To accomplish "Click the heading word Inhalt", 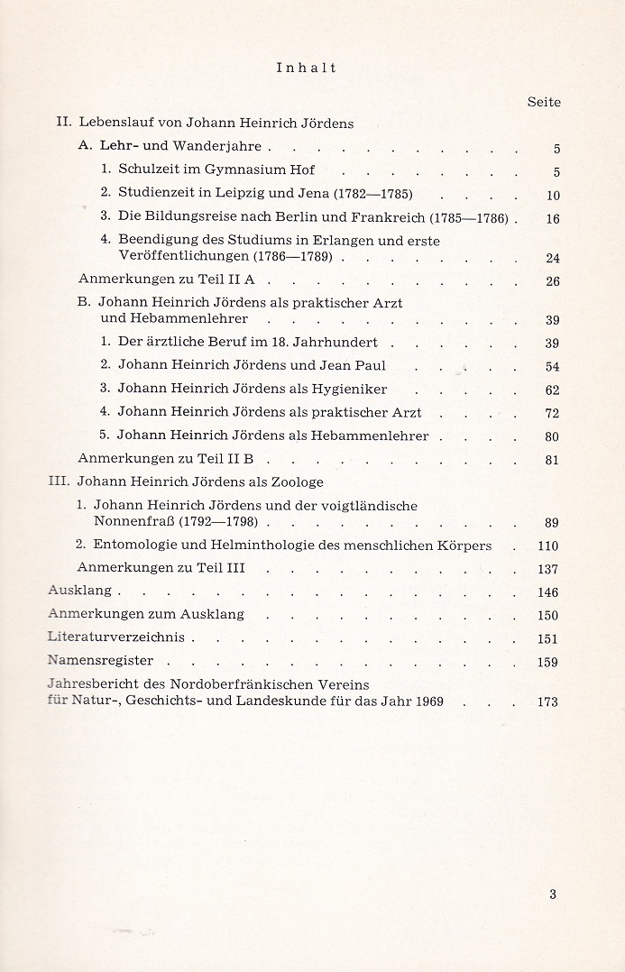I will tap(307, 68).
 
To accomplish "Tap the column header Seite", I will tap(544, 102).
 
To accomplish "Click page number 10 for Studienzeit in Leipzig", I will tap(553, 195).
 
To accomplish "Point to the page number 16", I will tap(553, 218).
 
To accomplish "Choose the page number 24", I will tap(553, 258).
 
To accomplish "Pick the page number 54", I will tap(553, 367).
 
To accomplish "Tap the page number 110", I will tap(547, 546).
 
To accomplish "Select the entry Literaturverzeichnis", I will tap(115, 637).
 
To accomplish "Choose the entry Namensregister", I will tap(100, 660).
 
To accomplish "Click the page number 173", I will tap(547, 701).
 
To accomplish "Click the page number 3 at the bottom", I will tap(553, 894).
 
